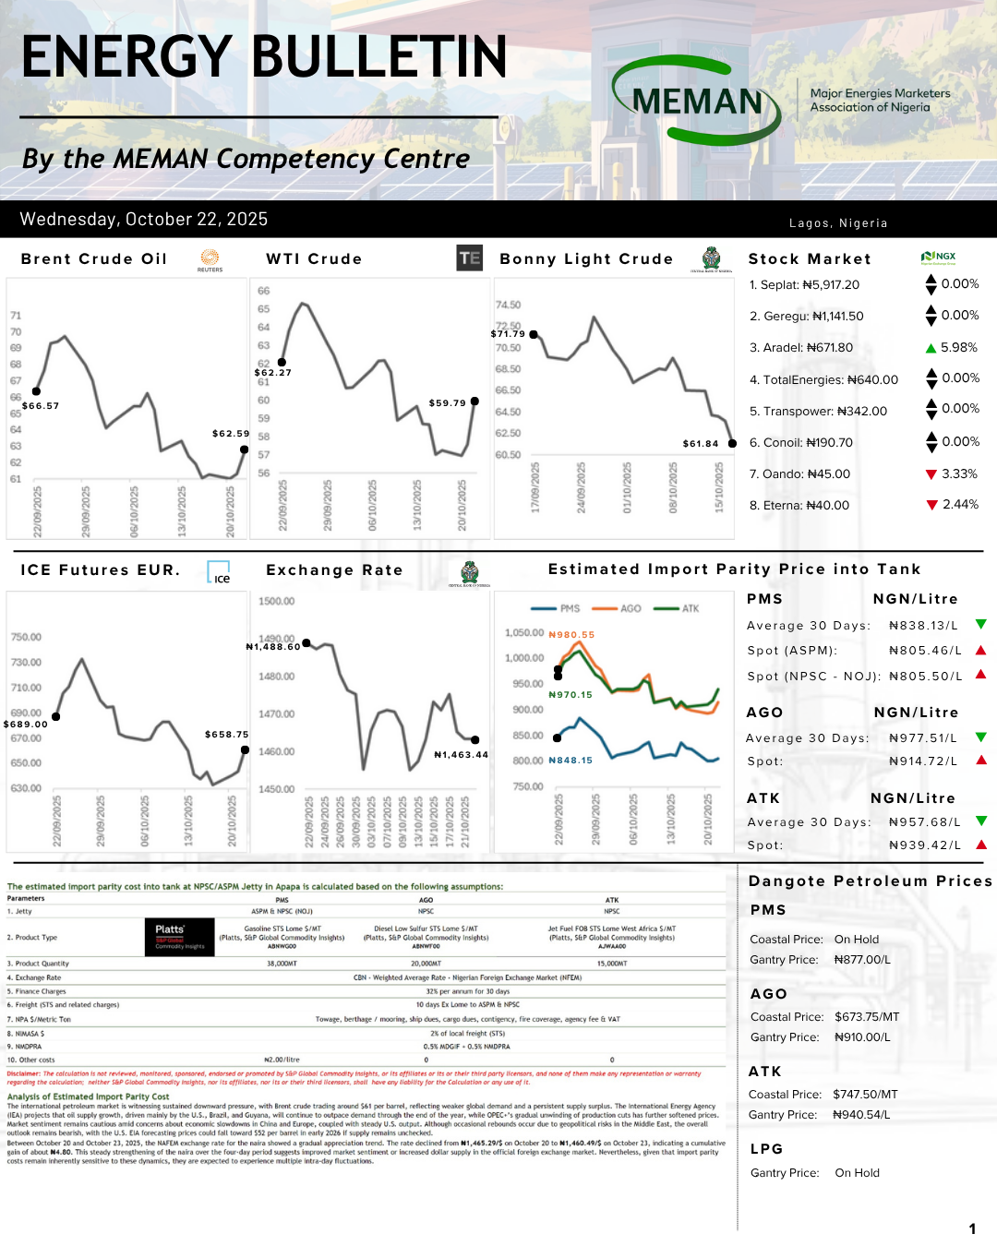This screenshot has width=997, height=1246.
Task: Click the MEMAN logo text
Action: point(698,102)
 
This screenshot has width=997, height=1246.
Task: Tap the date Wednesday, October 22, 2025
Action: point(144,220)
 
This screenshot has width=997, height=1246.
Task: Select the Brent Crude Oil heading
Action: point(94,259)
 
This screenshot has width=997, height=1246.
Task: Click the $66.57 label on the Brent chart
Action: point(41,406)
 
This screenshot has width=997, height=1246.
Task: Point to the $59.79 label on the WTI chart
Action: point(448,403)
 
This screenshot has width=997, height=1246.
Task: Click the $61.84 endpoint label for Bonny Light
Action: point(701,444)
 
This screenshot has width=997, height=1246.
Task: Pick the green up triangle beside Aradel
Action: point(931,348)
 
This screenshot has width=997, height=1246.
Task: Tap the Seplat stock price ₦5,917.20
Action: point(823,285)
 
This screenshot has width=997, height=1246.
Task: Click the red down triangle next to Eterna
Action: point(931,505)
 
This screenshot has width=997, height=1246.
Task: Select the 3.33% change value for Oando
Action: point(959,473)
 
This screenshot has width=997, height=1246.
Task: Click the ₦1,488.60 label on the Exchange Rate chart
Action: point(273,647)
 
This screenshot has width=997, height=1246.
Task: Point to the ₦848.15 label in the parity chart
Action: point(571,761)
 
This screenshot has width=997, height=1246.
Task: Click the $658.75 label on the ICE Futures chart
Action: point(227,735)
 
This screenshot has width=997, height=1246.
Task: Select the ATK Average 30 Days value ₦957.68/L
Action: point(924,822)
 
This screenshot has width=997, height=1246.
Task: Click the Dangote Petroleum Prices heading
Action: point(871,881)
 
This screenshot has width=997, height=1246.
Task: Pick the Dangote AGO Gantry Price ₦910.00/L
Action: point(862,1037)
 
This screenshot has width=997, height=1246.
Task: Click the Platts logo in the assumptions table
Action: point(179,936)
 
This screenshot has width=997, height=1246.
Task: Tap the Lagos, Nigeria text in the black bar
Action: point(838,223)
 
